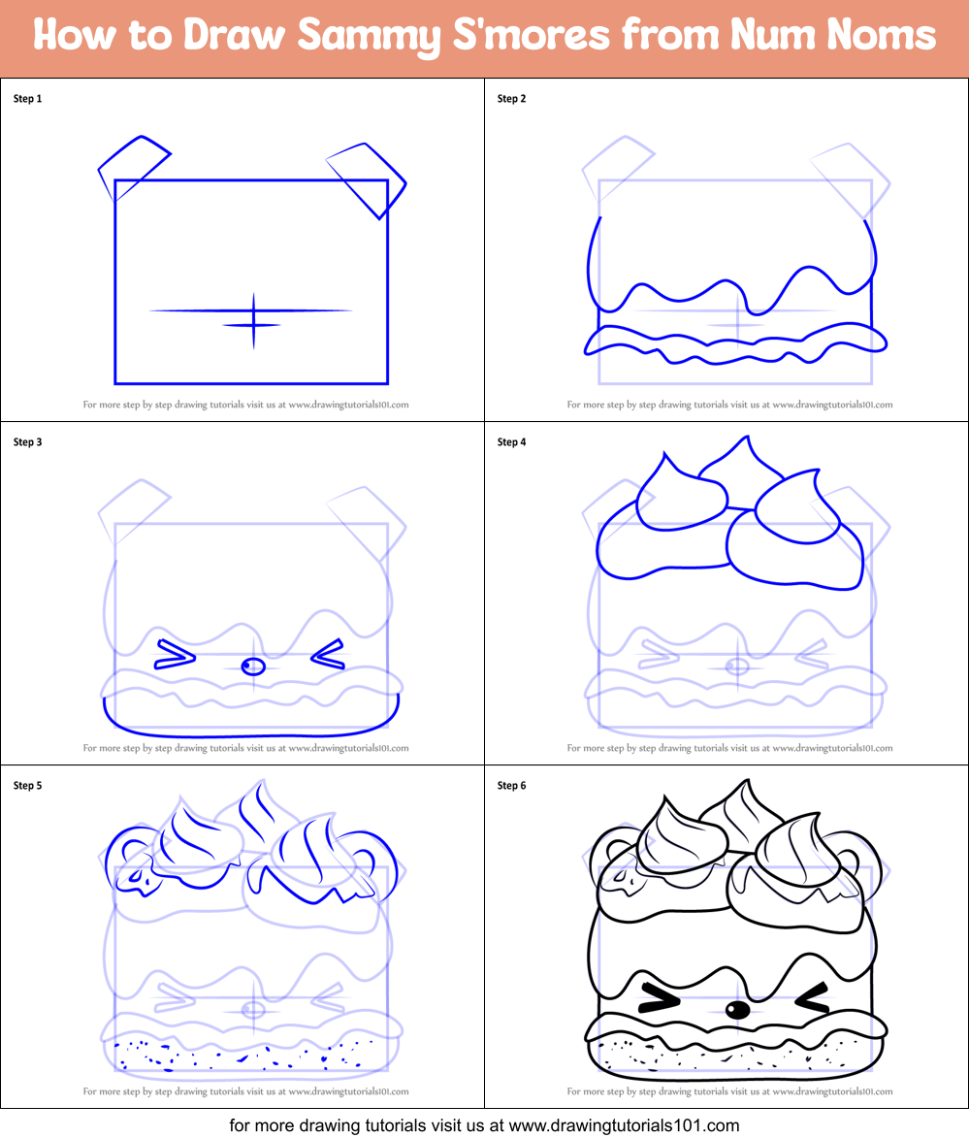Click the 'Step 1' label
coord(27,98)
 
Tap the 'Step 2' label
coord(511,98)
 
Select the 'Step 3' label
coord(27,442)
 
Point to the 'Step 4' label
coord(511,442)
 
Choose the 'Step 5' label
coord(27,786)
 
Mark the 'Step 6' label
coord(511,786)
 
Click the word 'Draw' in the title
coord(235,37)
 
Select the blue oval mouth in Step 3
coord(253,667)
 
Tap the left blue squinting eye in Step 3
coord(173,657)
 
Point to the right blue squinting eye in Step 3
coord(328,655)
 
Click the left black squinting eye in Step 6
coord(659,999)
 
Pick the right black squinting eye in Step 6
coord(813,997)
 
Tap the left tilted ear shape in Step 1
coord(132,167)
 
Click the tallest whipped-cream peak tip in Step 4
coord(747,439)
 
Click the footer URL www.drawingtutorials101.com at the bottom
coord(625,1126)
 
